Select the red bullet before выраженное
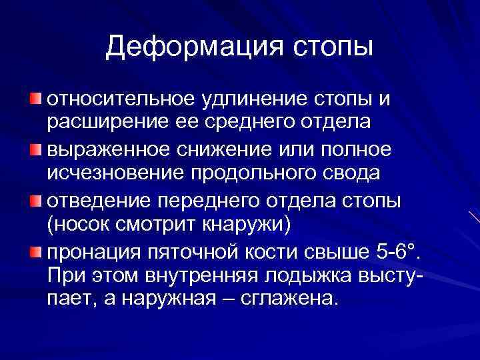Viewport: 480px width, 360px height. pyautogui.click(x=35, y=149)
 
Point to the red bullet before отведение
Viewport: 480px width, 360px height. pyautogui.click(x=35, y=197)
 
